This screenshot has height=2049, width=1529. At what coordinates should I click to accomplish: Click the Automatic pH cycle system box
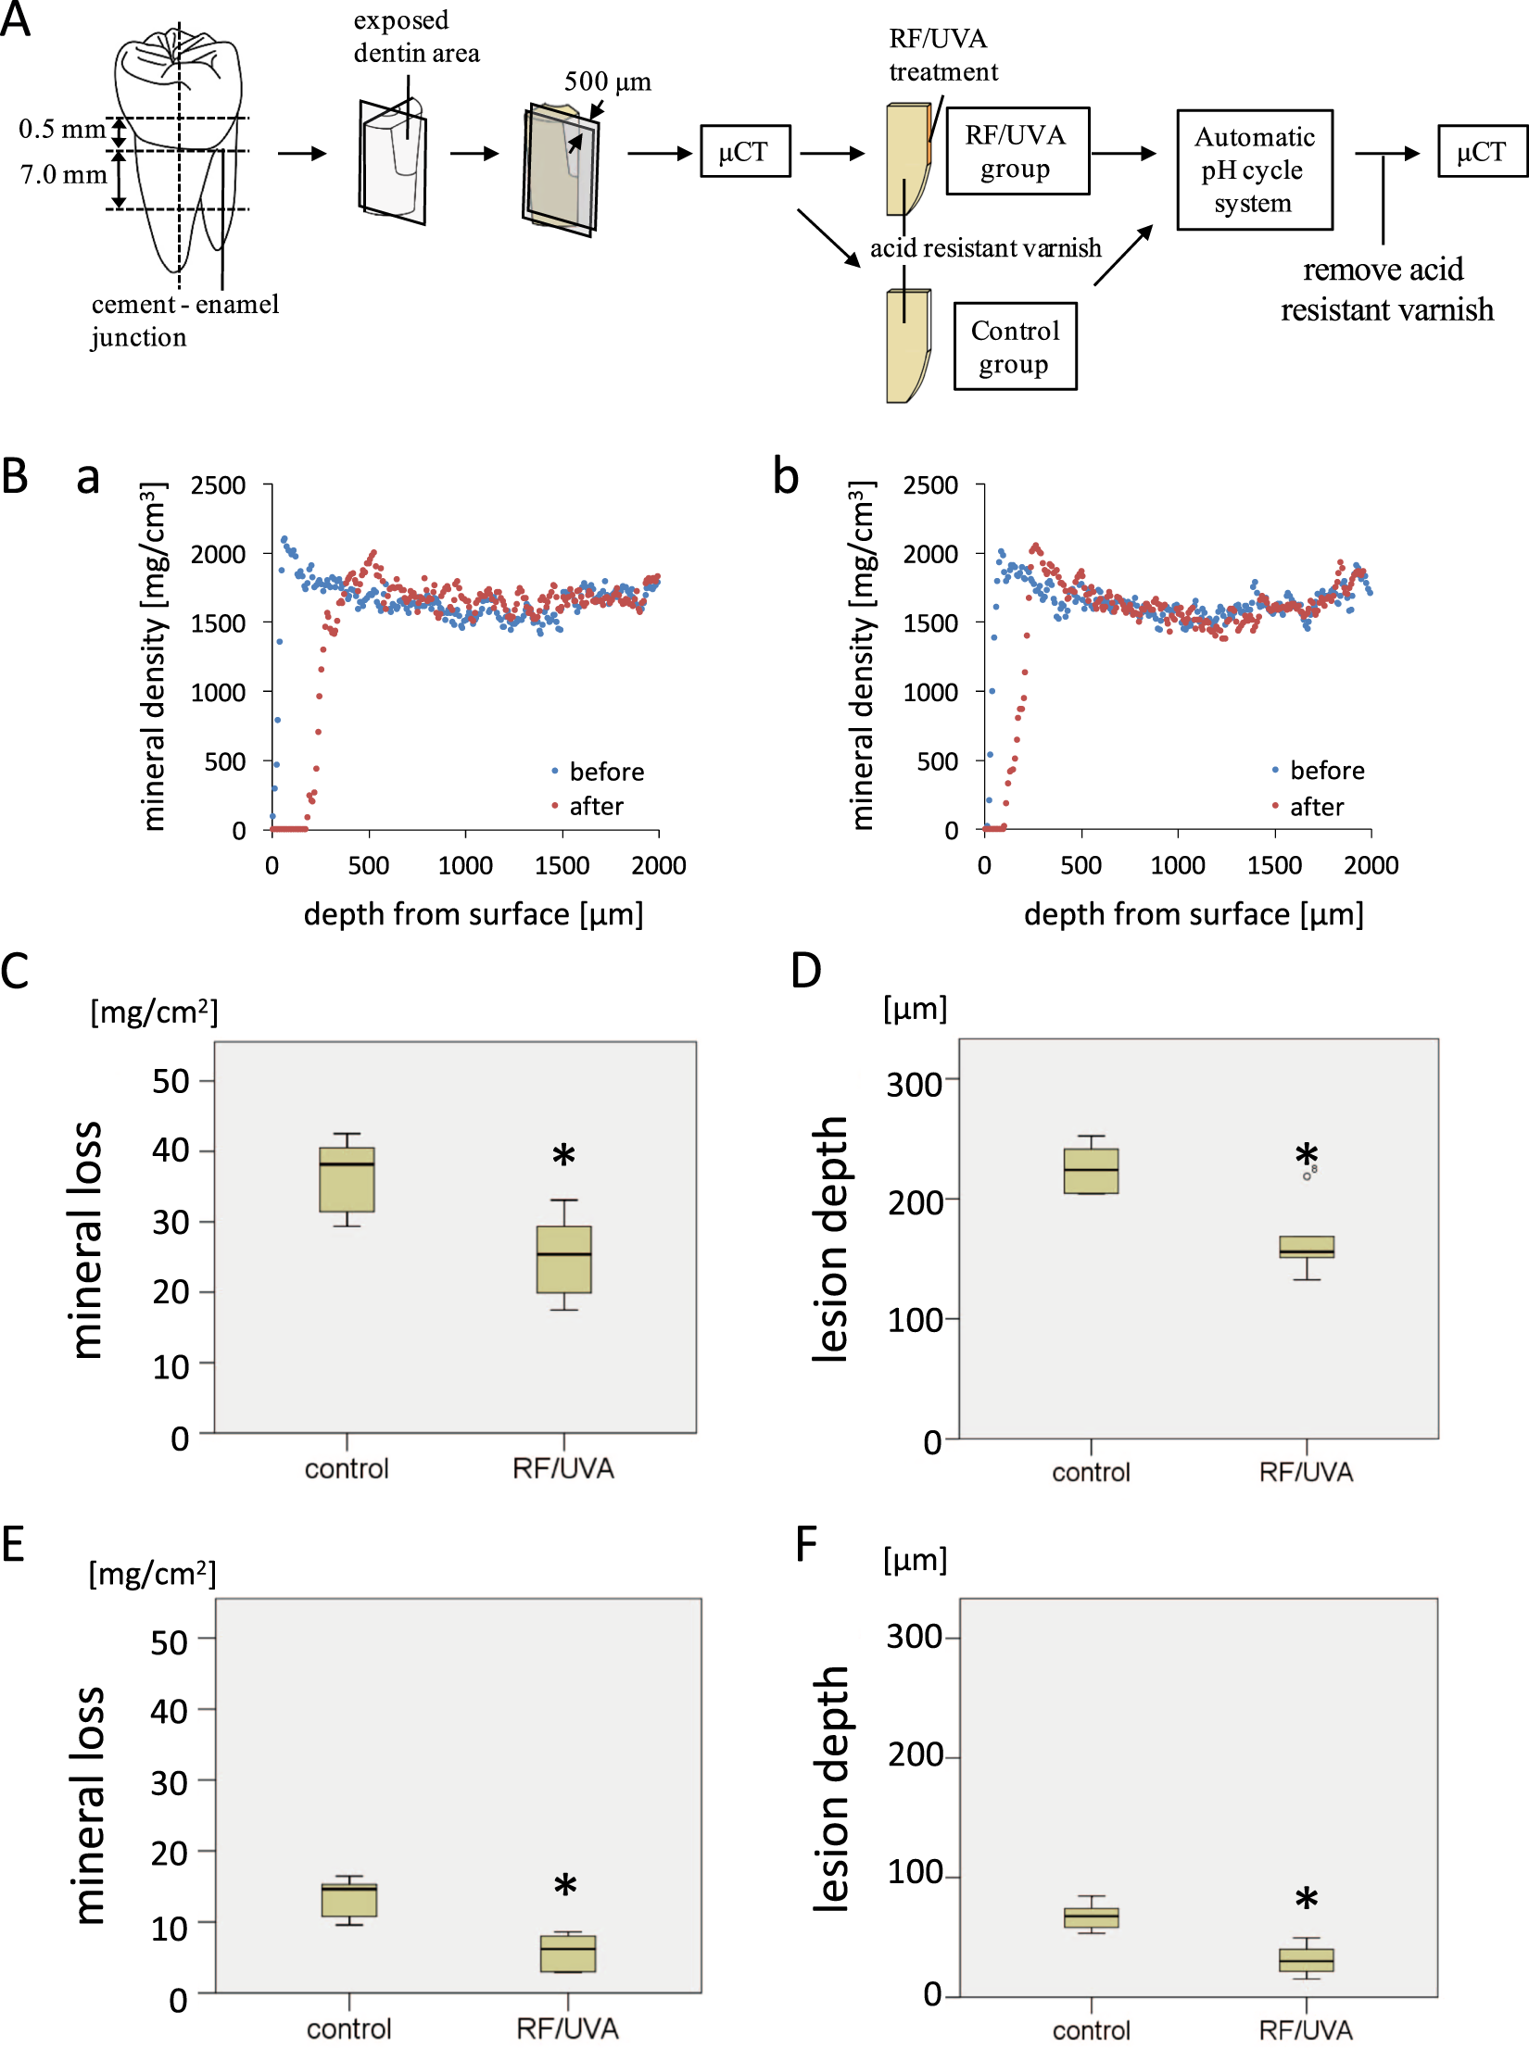coord(1255,170)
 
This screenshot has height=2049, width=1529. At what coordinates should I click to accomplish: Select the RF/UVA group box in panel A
coord(1017,152)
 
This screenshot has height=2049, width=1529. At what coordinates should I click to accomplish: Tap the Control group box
coord(1015,346)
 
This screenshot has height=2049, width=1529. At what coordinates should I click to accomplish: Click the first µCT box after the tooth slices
coord(744,151)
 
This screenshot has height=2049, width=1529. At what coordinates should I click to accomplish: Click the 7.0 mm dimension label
coord(63,174)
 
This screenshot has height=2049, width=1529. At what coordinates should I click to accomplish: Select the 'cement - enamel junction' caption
coord(184,321)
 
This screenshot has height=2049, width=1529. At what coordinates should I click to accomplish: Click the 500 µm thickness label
coord(607,82)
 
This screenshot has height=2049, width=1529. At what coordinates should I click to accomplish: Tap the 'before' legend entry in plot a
coord(605,772)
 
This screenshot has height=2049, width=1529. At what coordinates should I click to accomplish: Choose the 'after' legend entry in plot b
coord(1315,807)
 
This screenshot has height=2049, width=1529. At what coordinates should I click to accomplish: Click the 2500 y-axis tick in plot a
coord(218,485)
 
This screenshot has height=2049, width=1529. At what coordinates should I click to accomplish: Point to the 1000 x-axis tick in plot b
coord(1177,865)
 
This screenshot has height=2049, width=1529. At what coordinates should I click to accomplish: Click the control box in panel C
coord(347,1179)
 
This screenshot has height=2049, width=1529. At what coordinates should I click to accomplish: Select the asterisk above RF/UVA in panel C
coord(563,1155)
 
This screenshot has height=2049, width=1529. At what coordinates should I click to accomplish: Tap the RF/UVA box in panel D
coord(1307,1247)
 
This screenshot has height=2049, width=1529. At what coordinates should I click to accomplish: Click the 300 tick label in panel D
coord(914,1084)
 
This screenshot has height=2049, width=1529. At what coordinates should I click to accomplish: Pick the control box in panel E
coord(349,1900)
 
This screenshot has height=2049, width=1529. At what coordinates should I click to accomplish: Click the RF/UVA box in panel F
coord(1307,1960)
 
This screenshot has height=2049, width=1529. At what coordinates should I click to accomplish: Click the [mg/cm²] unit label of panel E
coord(153,1574)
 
